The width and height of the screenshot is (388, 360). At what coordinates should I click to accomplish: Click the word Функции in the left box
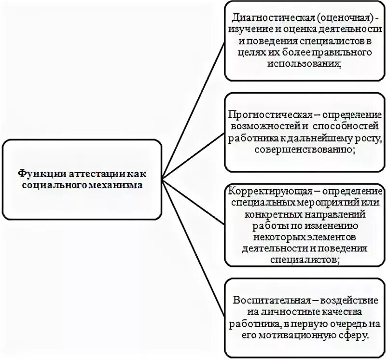(x=37, y=173)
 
